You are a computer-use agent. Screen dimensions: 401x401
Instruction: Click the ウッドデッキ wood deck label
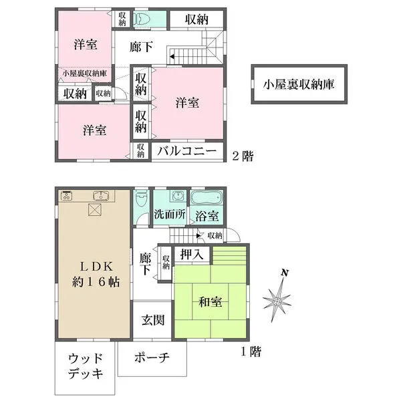[86, 366]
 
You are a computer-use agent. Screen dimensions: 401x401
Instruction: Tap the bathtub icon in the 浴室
[207, 199]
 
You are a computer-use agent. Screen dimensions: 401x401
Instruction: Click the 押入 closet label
[192, 255]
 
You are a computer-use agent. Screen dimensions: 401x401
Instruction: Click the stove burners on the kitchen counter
[67, 196]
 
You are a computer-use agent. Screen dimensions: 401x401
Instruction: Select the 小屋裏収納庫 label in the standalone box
[299, 84]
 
